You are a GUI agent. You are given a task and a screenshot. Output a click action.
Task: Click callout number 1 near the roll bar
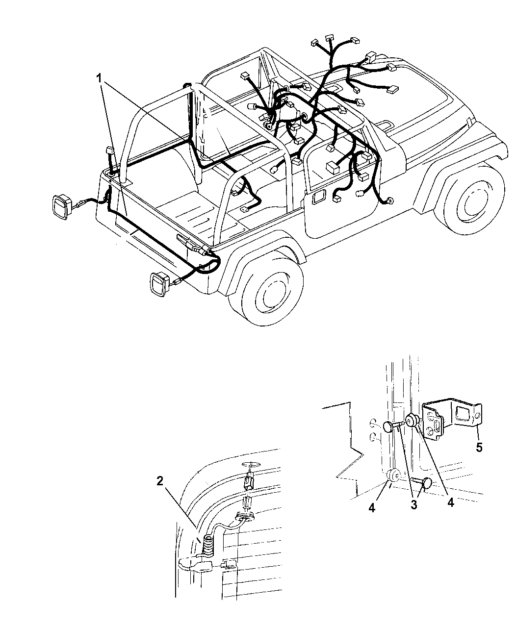pos(99,79)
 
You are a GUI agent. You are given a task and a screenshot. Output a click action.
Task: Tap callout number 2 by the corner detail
pos(160,481)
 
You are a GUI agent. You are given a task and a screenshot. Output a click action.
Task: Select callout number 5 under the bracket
pos(479,456)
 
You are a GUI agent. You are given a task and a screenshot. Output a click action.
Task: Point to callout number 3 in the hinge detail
pos(414,505)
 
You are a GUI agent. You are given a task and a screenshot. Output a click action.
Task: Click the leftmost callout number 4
pos(372,508)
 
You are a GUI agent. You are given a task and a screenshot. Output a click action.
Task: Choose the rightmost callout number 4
pos(451,502)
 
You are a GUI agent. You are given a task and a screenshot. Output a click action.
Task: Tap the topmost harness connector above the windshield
pos(330,38)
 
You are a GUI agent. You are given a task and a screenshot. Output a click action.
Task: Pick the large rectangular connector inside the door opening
pos(333,167)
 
